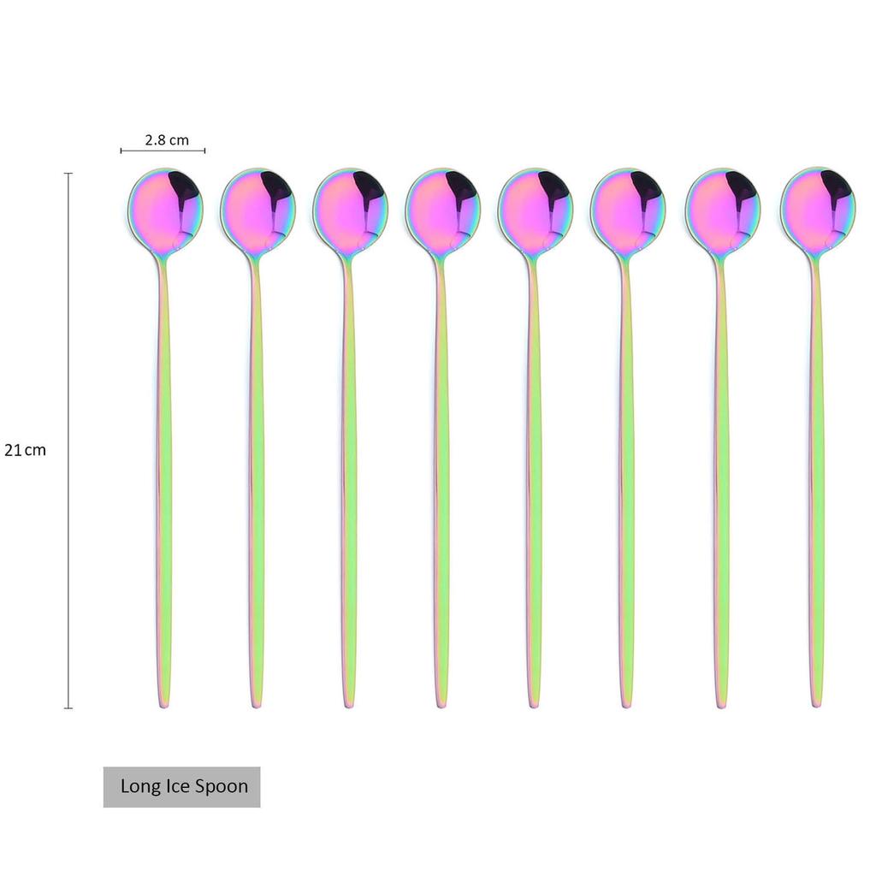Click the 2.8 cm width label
[167, 139]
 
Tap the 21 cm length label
[25, 450]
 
